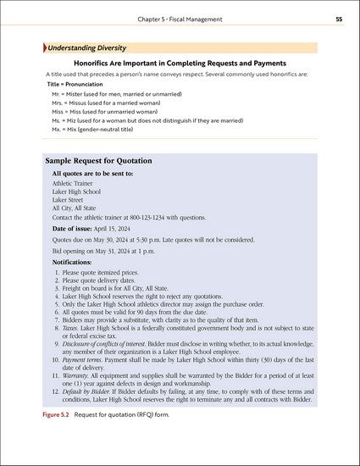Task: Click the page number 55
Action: (x=339, y=18)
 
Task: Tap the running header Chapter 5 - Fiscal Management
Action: (x=180, y=18)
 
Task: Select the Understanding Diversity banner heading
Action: (x=87, y=47)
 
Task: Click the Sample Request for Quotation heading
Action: (x=98, y=159)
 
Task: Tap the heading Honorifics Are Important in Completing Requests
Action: (x=180, y=63)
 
